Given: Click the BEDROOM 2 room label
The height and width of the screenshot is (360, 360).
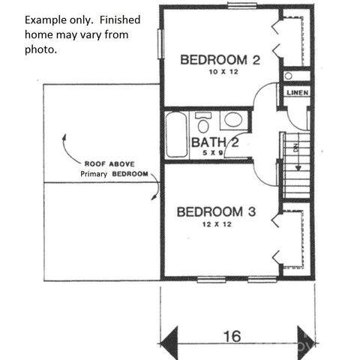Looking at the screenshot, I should coord(220,60).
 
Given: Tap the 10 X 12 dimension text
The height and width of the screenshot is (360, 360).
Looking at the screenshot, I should coord(220,73).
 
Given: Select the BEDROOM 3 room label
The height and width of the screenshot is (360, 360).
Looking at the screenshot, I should coord(216,212).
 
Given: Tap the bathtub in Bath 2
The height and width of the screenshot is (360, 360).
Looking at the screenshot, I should coord(176,134).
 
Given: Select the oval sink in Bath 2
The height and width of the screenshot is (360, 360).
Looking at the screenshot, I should coord(233,120).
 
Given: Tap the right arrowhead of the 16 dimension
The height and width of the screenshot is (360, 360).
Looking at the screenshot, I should coord(305,336).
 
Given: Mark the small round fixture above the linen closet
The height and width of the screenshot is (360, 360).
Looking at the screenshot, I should coord(289,76).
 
